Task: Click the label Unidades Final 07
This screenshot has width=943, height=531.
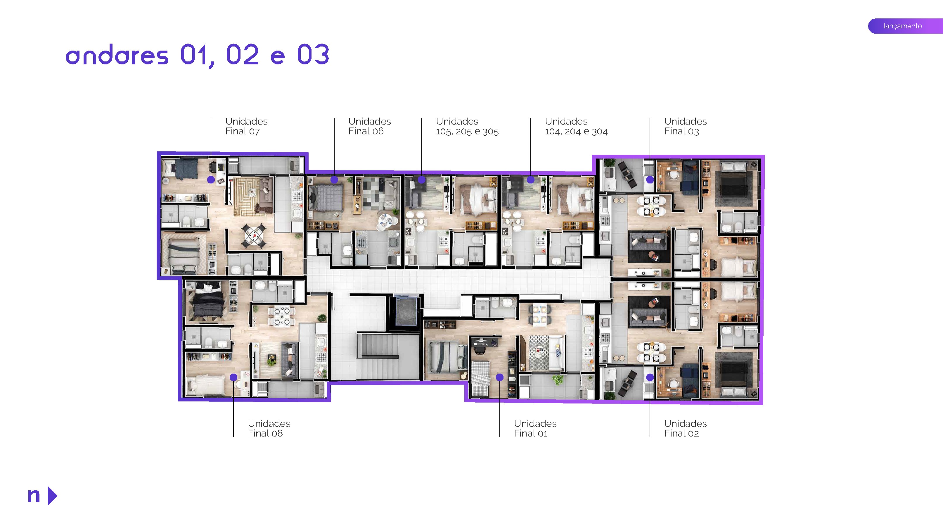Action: [246, 126]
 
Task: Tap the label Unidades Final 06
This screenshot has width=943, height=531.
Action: [369, 126]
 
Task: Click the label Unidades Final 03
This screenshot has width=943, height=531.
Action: [685, 126]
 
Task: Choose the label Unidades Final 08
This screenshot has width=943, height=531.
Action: [269, 428]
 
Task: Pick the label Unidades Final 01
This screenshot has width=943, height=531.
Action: [535, 428]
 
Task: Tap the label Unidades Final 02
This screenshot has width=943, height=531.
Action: [685, 428]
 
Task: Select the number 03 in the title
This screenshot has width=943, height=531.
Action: [313, 55]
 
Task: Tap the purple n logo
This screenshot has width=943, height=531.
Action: [34, 496]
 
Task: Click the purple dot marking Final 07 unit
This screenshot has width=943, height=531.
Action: [211, 180]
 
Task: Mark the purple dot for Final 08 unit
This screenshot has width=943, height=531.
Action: [233, 377]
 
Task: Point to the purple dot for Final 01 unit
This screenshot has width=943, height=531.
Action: [500, 377]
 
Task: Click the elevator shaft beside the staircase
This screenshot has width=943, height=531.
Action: [406, 311]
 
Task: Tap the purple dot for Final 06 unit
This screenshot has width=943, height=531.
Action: [334, 180]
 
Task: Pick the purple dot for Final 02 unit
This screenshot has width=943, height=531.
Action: [650, 377]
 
